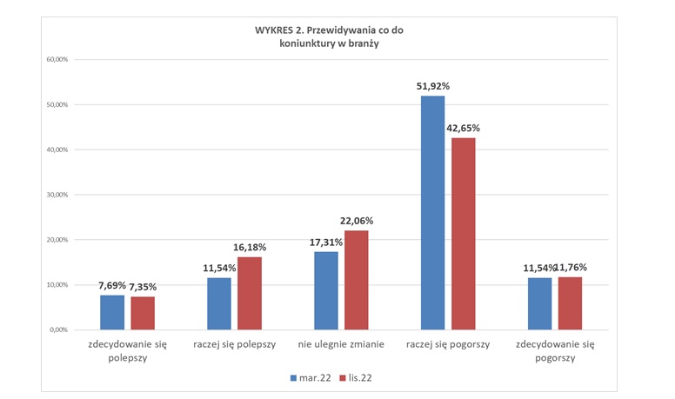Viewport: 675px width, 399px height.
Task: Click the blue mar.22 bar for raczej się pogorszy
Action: click(432, 213)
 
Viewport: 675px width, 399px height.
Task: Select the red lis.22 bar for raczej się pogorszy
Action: click(463, 234)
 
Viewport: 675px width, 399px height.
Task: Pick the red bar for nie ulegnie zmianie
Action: click(357, 280)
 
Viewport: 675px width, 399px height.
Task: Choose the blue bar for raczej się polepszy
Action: click(219, 303)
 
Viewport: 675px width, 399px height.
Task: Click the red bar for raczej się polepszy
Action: click(250, 293)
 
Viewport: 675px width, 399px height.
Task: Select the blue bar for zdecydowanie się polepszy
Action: click(112, 312)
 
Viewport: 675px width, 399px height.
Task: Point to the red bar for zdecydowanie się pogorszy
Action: click(570, 303)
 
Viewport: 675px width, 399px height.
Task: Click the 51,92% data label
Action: click(433, 86)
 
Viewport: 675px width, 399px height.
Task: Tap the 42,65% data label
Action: click(463, 128)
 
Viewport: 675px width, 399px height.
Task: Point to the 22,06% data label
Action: click(358, 221)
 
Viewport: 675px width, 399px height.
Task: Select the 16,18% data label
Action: click(251, 247)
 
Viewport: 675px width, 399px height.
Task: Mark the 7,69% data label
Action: click(111, 285)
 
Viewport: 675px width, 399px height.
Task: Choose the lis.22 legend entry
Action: click(360, 378)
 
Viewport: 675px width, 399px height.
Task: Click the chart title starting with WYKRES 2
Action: click(335, 36)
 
